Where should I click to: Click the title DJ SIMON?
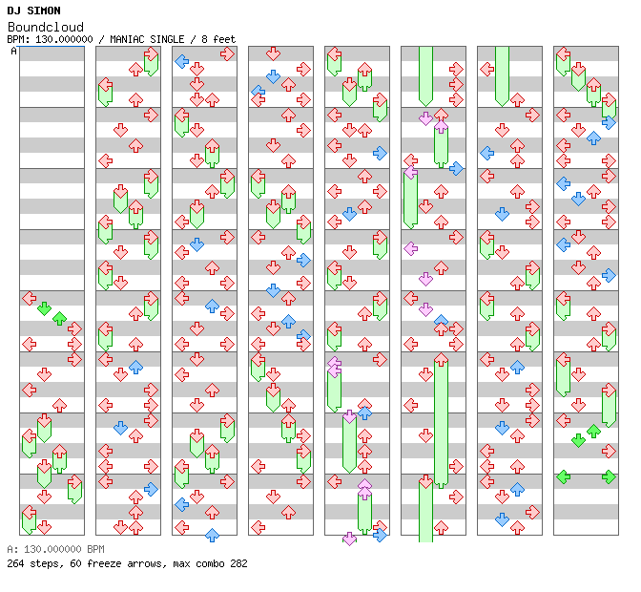click(33, 11)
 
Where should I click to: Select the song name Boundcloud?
click(45, 27)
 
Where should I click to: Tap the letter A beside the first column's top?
click(14, 52)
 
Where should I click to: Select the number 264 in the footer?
click(16, 563)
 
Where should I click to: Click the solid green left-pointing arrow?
click(564, 476)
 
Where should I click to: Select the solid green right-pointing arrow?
click(609, 476)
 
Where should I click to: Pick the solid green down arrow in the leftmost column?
click(44, 308)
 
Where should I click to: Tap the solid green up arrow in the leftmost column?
click(59, 318)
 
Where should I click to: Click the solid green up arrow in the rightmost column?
click(593, 431)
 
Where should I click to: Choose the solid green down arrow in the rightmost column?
click(578, 440)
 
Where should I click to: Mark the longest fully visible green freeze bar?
click(441, 420)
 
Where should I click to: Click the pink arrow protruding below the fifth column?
click(349, 539)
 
